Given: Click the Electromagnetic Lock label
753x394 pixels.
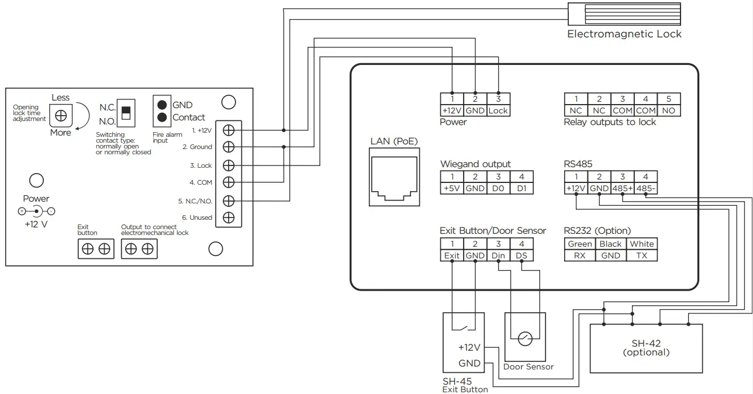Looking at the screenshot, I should pos(624,34).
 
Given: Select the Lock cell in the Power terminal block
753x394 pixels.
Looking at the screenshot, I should pos(498,110).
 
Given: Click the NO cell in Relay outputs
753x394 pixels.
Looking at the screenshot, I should pos(668,110).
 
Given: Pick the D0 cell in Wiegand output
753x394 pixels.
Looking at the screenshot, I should pos(498,188).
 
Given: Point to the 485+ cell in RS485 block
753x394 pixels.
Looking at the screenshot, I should pos(623,188).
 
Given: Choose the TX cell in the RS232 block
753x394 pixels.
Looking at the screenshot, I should pos(642,255).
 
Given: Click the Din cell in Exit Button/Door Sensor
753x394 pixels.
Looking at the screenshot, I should pos(498,255).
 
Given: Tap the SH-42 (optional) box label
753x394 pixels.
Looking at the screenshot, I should pos(646,348).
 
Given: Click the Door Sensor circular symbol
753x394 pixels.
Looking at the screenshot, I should pos(525,337).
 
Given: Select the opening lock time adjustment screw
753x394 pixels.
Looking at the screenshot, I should pos(60,116).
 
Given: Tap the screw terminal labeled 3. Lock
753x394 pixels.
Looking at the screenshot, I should pos(229,165).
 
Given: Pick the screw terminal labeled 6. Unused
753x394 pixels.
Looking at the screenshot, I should pos(229,217).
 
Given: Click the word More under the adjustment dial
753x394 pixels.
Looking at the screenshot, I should pos(60,133).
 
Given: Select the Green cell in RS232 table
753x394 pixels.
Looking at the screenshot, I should pos(580,244).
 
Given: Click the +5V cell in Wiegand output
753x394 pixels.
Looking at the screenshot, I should pos(452,188).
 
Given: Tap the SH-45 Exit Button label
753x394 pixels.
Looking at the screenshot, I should pos(465,385).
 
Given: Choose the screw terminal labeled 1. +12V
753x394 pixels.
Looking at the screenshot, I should pos(229,129).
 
